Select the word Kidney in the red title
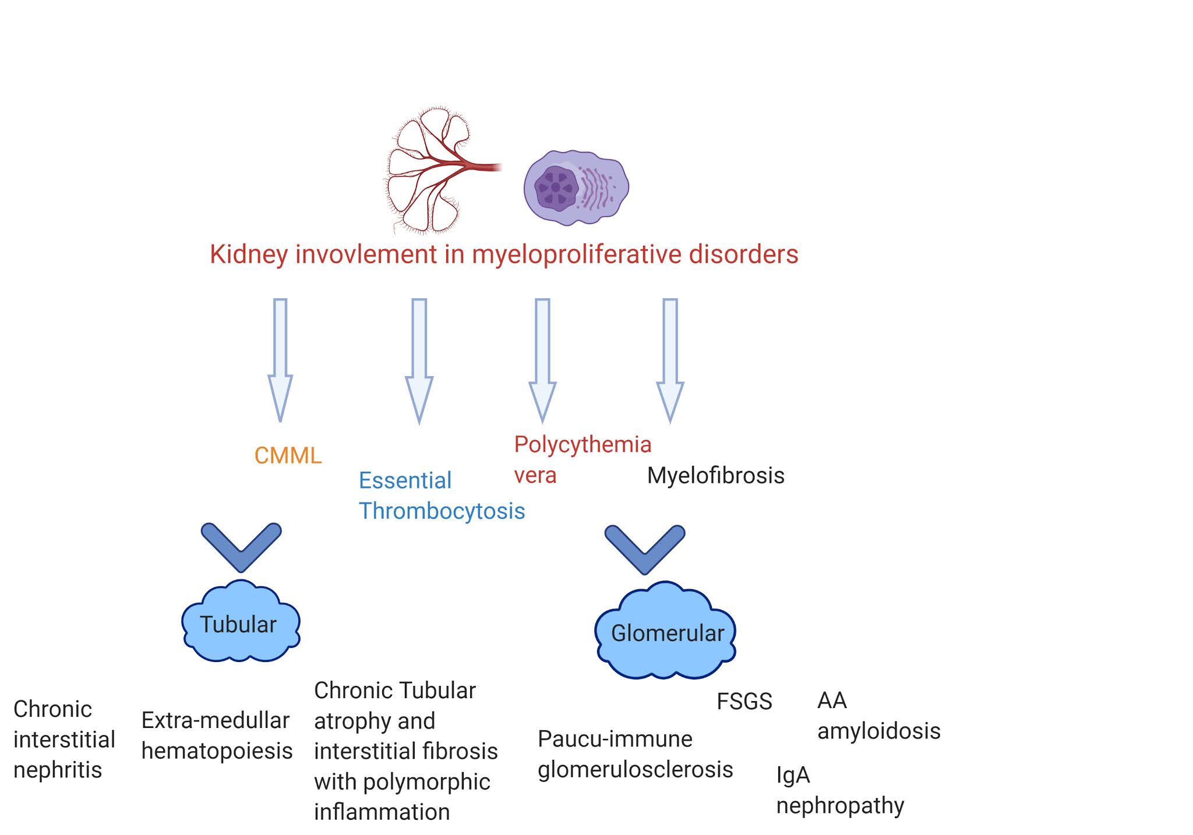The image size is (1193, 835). pyautogui.click(x=249, y=254)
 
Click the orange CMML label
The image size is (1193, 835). pyautogui.click(x=288, y=455)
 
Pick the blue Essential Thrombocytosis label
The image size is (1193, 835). pyautogui.click(x=441, y=496)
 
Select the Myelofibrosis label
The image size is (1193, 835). pyautogui.click(x=715, y=475)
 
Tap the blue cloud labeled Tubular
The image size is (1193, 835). pyautogui.click(x=240, y=624)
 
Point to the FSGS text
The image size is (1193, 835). pyautogui.click(x=744, y=701)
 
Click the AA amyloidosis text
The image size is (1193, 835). pyautogui.click(x=877, y=715)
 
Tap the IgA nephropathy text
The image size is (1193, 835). pyautogui.click(x=839, y=790)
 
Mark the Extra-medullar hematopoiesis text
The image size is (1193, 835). pyautogui.click(x=217, y=735)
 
